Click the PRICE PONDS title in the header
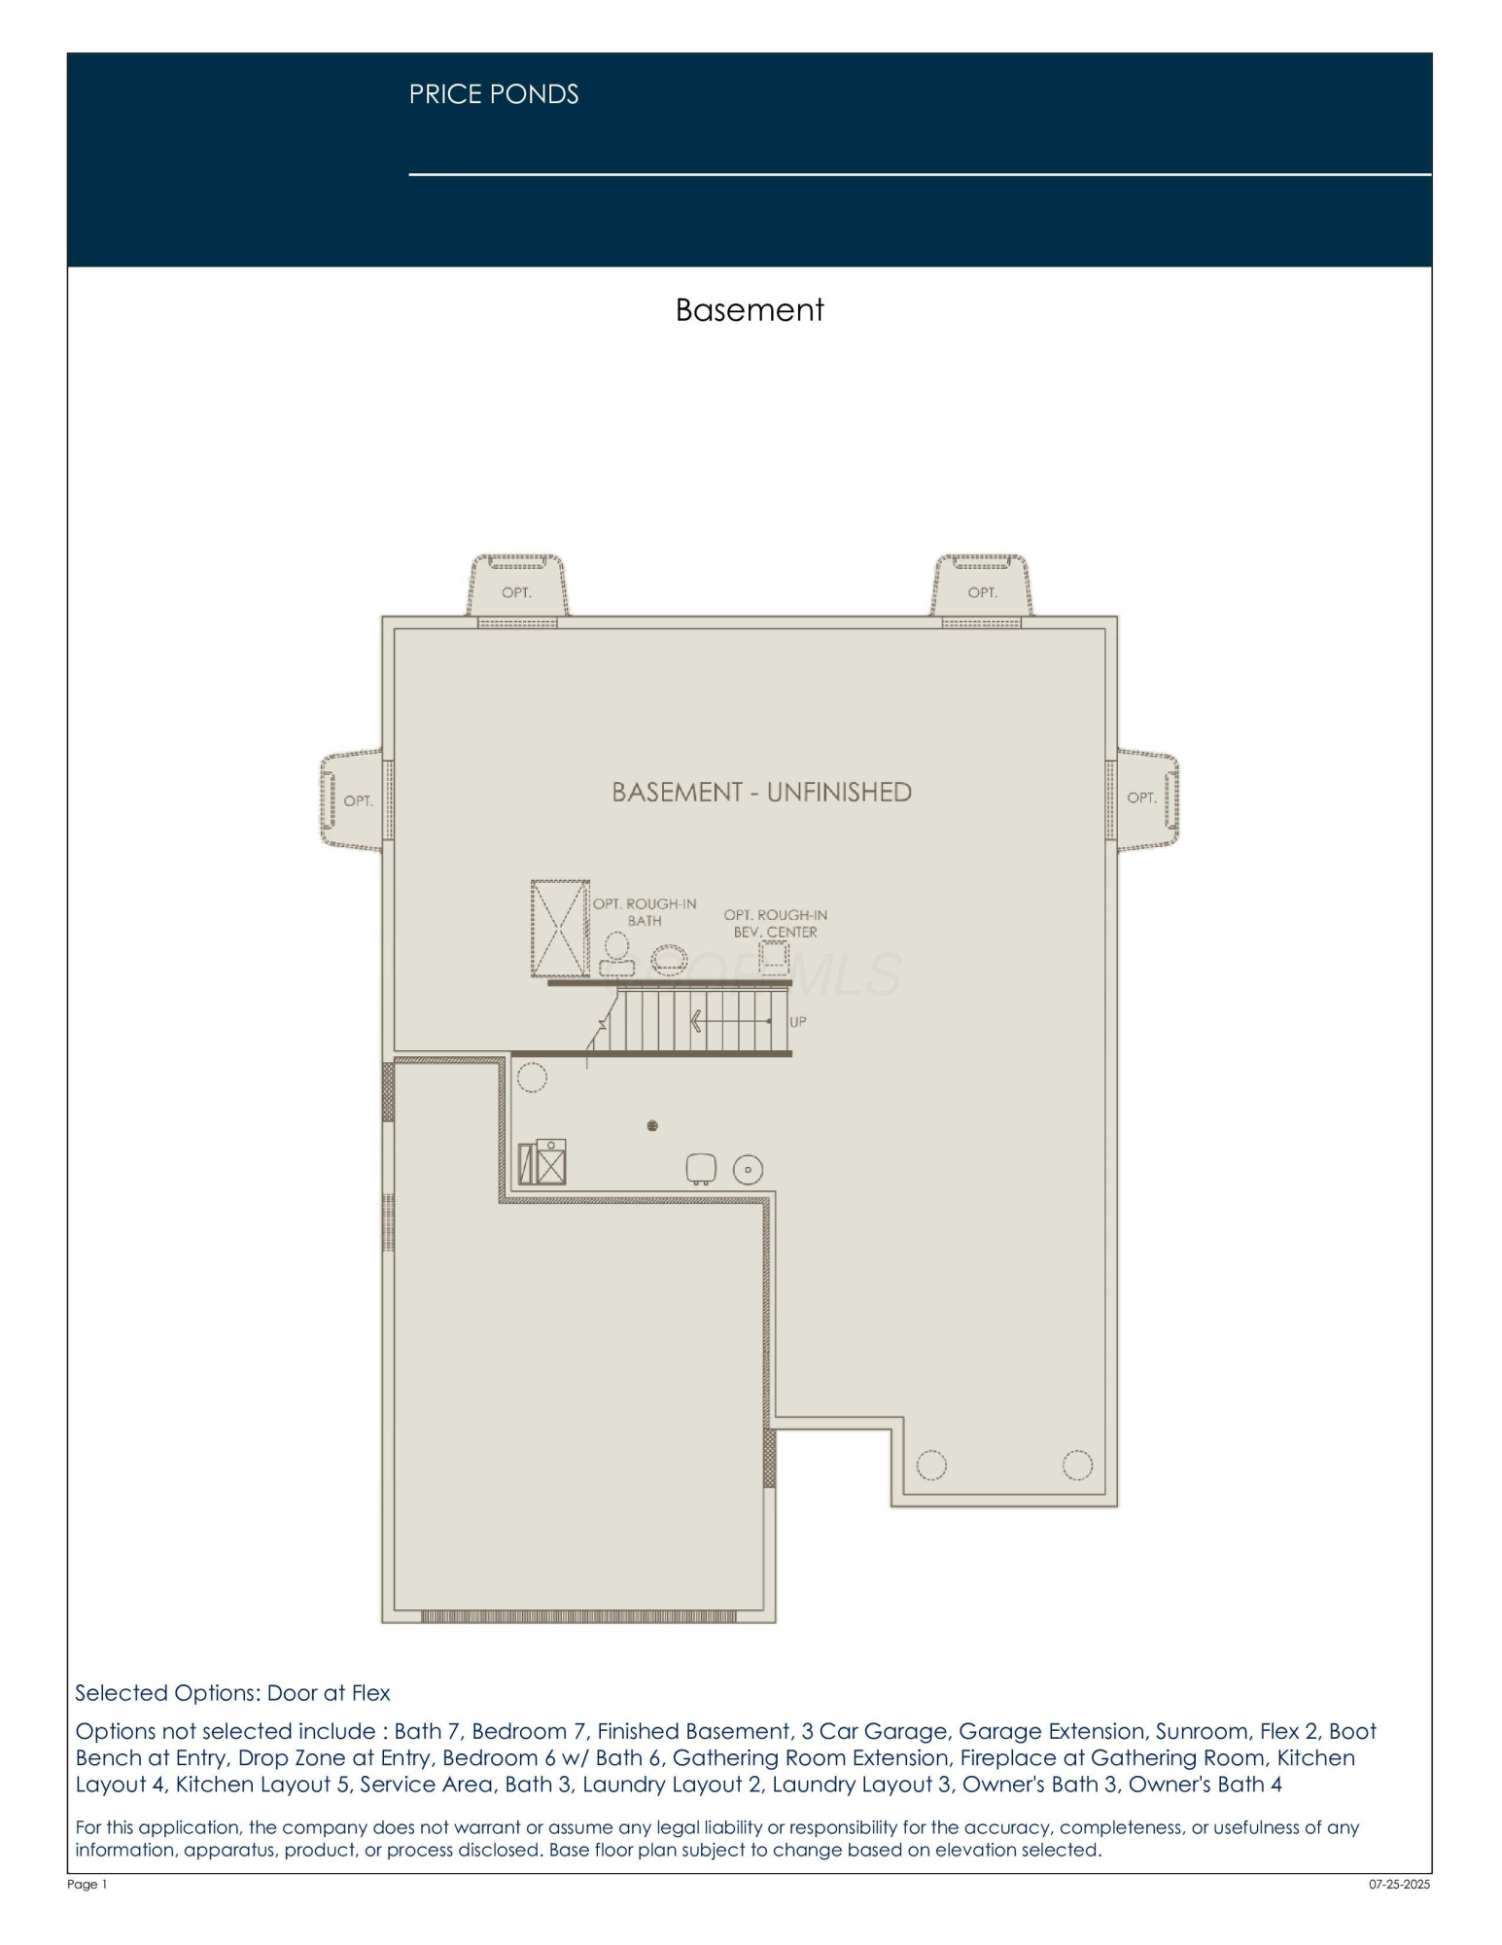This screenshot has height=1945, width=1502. pyautogui.click(x=493, y=94)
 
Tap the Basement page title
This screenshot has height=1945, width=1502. pyautogui.click(x=749, y=310)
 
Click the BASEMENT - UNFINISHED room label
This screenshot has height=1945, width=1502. pyautogui.click(x=761, y=793)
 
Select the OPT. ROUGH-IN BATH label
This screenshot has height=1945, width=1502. pyautogui.click(x=645, y=912)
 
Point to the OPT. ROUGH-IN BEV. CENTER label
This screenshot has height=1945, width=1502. pyautogui.click(x=775, y=923)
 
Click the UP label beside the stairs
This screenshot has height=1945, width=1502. pyautogui.click(x=798, y=1022)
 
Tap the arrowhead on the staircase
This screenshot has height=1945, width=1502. pyautogui.click(x=696, y=1021)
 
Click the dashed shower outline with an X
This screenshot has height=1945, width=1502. pyautogui.click(x=560, y=929)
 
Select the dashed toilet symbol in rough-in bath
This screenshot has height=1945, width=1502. pyautogui.click(x=616, y=952)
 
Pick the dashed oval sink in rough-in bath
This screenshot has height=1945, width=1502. pyautogui.click(x=668, y=959)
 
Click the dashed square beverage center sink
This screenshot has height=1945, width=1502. pyautogui.click(x=774, y=957)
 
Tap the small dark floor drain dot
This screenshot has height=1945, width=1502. pyautogui.click(x=652, y=1126)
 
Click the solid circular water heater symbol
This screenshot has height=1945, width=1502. pyautogui.click(x=748, y=1169)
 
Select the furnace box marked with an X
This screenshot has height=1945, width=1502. pyautogui.click(x=550, y=1163)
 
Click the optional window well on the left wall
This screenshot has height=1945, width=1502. pyautogui.click(x=352, y=800)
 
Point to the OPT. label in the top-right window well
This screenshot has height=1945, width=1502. pyautogui.click(x=982, y=592)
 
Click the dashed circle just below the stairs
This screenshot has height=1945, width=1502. pyautogui.click(x=532, y=1077)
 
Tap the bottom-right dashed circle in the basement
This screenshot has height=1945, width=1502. pyautogui.click(x=1077, y=1465)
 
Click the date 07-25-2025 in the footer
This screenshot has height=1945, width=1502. pyautogui.click(x=1399, y=1884)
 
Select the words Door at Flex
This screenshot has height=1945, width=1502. pyautogui.click(x=329, y=1692)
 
